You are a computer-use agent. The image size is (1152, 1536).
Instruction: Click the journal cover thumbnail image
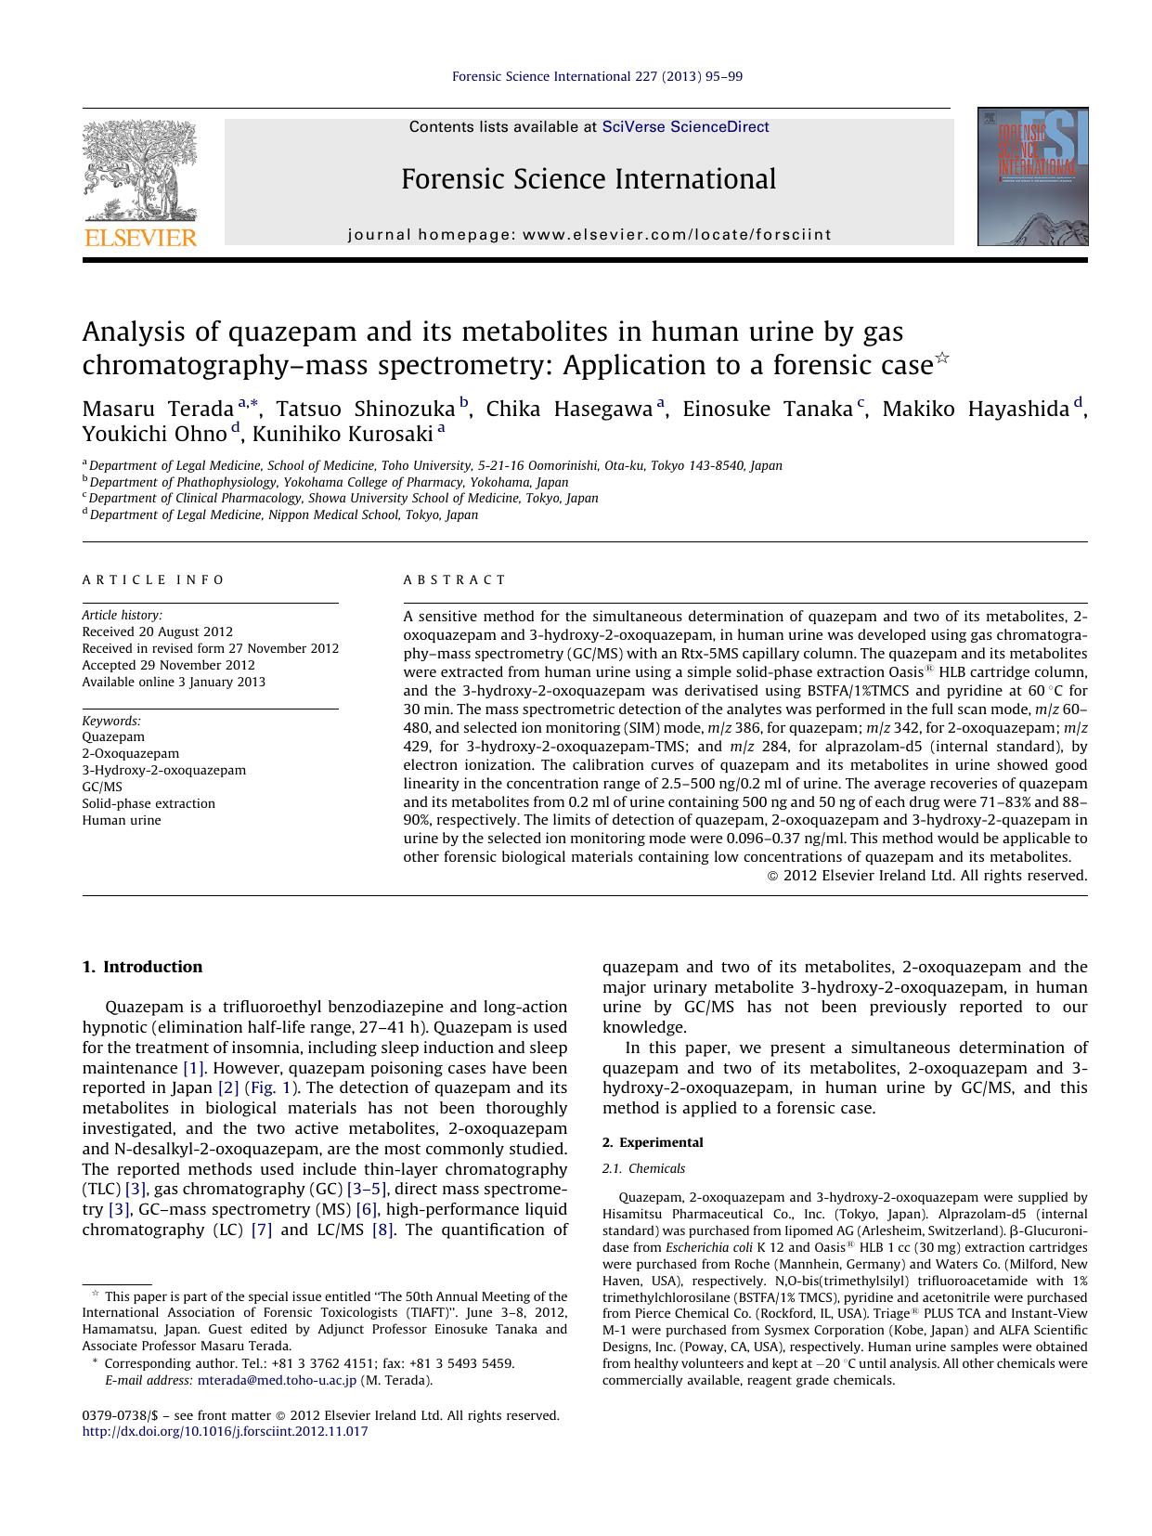coord(1032,176)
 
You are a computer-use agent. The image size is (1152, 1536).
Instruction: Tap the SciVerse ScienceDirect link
coord(685,127)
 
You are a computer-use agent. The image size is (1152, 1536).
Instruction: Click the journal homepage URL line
coord(589,235)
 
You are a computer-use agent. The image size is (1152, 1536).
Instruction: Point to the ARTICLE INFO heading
coord(153,579)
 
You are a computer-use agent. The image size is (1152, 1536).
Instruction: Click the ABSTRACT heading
coord(455,579)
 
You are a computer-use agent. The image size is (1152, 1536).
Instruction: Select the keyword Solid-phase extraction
coord(149,803)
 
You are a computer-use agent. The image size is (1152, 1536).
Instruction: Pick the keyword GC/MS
coord(102,787)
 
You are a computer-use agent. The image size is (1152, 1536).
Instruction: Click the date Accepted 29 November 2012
coord(168,665)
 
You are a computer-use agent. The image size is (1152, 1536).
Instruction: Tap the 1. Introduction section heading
coord(142,967)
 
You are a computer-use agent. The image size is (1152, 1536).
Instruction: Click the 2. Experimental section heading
coord(653,1142)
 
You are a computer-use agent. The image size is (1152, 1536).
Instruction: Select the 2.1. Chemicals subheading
coord(643,1168)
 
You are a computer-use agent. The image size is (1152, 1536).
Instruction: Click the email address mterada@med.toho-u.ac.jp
coord(277,1380)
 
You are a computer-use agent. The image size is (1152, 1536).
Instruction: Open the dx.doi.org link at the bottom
coord(225,1431)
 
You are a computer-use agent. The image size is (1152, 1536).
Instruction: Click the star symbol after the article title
coord(942,357)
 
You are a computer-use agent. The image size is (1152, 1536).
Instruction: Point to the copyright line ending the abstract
coord(927,875)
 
